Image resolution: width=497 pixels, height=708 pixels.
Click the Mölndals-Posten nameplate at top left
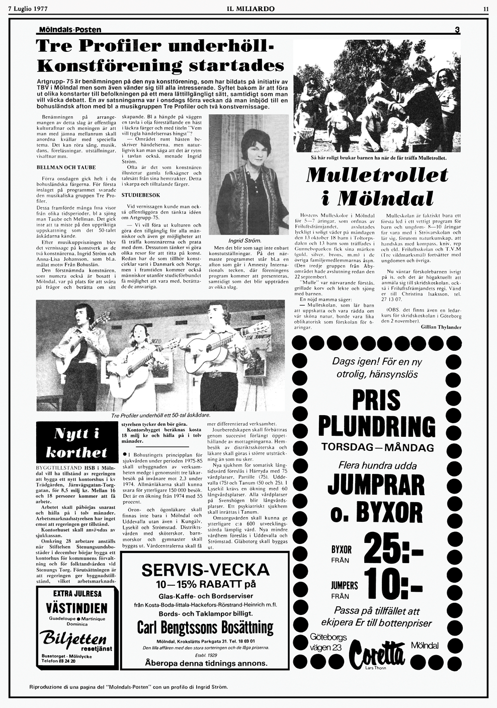[70, 30]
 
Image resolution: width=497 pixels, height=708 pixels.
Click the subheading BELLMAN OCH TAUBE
[66, 167]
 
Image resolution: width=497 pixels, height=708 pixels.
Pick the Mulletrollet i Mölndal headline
[377, 186]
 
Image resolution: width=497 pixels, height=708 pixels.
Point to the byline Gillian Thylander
[441, 327]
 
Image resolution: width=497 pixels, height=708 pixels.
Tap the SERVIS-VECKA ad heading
[205, 570]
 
